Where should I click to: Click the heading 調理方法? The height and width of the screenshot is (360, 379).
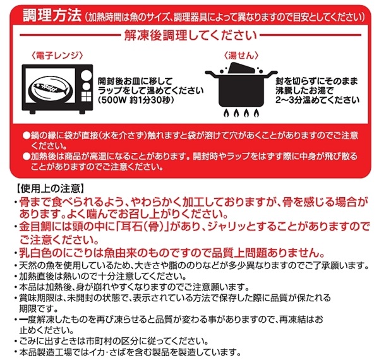pos(52,16)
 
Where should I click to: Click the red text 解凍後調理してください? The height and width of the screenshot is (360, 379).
pos(191,35)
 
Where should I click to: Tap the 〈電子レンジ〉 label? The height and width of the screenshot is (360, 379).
pos(57,56)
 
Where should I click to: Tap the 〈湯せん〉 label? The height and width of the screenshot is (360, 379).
pos(241,56)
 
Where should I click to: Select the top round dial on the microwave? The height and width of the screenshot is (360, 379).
pos(85,75)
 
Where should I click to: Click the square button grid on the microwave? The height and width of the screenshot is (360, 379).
pos(86,97)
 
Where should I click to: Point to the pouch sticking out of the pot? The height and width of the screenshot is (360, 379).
pos(241,68)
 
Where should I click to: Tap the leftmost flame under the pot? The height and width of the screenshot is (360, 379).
pos(226,113)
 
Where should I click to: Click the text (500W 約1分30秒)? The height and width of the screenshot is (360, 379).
pos(136,100)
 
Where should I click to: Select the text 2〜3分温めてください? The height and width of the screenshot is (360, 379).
pos(317,100)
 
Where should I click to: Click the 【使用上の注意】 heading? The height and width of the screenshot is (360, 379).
pos(50,188)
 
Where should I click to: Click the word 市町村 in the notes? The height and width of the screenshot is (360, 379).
pos(99,342)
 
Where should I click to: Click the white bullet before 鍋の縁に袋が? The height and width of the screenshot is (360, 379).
pos(26,135)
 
